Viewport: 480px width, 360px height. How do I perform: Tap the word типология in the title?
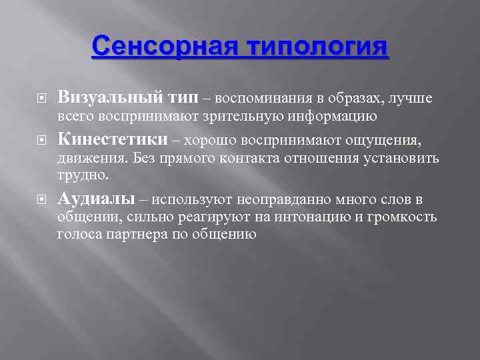pyautogui.click(x=317, y=48)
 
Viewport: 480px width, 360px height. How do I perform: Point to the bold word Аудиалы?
pyautogui.click(x=97, y=199)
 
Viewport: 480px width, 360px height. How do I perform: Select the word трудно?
pyautogui.click(x=81, y=175)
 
